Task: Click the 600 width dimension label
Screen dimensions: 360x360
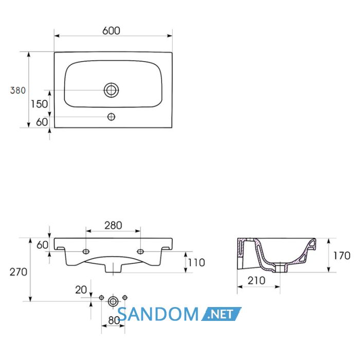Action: click(x=111, y=31)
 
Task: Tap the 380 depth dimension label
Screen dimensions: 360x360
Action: click(x=18, y=91)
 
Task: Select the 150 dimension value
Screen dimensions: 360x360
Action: click(x=39, y=104)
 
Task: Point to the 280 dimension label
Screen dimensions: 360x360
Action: click(x=113, y=225)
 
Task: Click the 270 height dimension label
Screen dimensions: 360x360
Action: click(x=19, y=272)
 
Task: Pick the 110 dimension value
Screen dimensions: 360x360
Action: click(x=196, y=263)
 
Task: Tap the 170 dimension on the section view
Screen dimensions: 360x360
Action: click(x=341, y=256)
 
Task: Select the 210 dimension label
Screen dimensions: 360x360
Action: click(x=257, y=281)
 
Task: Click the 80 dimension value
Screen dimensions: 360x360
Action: click(x=114, y=320)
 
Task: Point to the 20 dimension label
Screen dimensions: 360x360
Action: click(x=81, y=290)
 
